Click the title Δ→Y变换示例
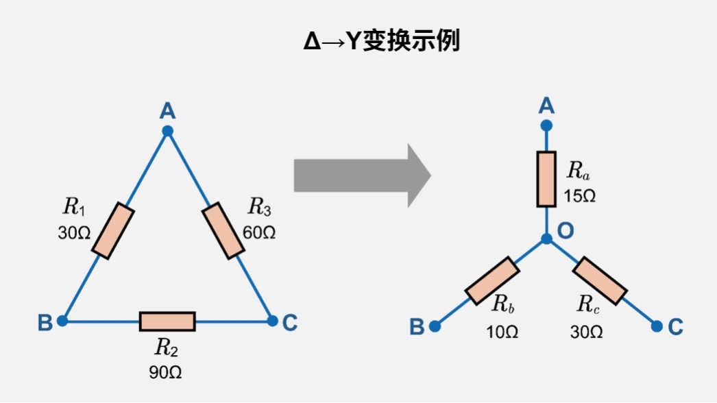click(x=382, y=42)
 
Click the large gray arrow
click(x=361, y=176)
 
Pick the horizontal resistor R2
click(x=167, y=321)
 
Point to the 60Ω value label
click(x=260, y=232)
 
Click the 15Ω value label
click(x=580, y=195)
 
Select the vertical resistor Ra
click(x=546, y=179)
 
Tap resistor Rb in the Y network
click(x=491, y=280)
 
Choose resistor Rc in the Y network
click(x=600, y=280)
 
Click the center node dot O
click(x=546, y=239)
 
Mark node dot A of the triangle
click(x=167, y=130)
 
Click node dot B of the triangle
click(x=62, y=321)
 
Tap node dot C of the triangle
click(x=272, y=321)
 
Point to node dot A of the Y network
click(x=546, y=125)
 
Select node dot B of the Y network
click(x=435, y=327)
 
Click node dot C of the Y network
click(x=657, y=326)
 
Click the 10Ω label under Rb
click(x=502, y=332)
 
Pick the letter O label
click(x=566, y=231)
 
